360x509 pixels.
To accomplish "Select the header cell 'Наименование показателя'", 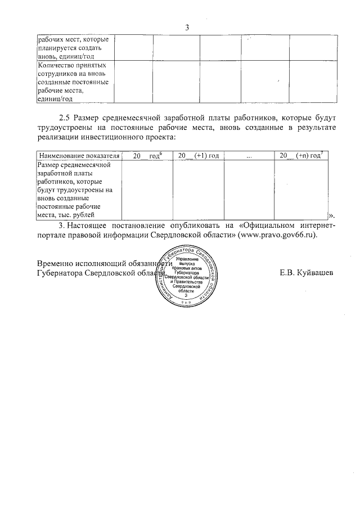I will point(79,155).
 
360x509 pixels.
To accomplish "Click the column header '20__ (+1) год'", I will point(198,155).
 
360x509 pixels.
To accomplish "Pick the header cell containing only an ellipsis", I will point(249,156).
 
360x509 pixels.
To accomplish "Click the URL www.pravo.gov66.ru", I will point(277,235).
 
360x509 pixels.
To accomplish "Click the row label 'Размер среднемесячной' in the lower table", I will point(75,165).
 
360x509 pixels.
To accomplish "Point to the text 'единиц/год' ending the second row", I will point(55,99).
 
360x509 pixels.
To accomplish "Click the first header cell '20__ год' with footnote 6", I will point(147,155).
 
